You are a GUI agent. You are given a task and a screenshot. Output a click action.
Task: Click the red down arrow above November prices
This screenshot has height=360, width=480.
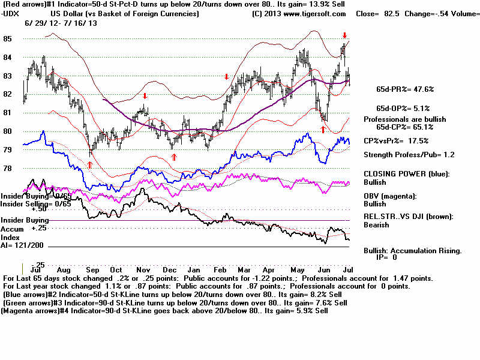tap(145, 96)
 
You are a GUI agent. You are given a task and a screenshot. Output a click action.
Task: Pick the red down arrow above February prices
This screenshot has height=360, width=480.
tap(226, 77)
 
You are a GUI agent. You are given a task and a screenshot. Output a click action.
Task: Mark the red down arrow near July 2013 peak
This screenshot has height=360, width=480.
tap(344, 35)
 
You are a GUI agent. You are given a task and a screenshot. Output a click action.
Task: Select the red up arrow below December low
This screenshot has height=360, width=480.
tap(174, 157)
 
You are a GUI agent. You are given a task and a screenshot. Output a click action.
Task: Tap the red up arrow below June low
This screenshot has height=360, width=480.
tap(323, 129)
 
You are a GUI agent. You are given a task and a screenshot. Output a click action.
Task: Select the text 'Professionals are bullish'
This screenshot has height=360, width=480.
tap(405, 119)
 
